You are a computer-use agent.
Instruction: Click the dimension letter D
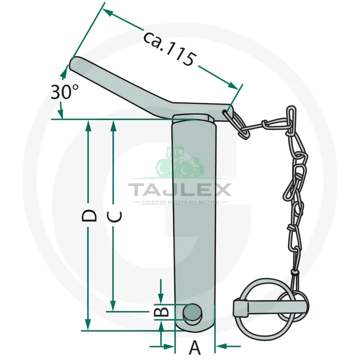click(x=89, y=216)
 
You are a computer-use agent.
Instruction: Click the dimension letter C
click(x=115, y=217)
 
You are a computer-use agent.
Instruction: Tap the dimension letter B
click(x=161, y=311)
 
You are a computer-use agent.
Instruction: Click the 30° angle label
click(x=64, y=92)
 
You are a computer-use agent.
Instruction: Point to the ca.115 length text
click(x=170, y=49)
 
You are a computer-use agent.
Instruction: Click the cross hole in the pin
click(x=193, y=312)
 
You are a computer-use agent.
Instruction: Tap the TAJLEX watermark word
click(x=180, y=189)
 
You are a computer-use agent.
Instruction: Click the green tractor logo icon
click(x=180, y=162)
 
